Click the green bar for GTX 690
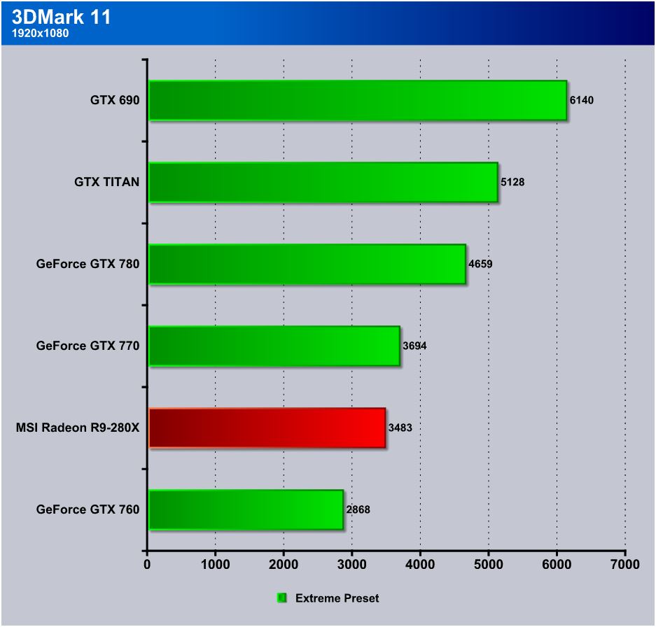(357, 100)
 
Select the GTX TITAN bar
(323, 182)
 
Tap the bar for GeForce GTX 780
(307, 264)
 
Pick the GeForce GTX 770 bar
(274, 346)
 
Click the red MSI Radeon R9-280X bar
(267, 428)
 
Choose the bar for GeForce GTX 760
(245, 509)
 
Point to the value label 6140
(581, 101)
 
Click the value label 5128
(512, 182)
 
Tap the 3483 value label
(400, 428)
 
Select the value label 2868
(358, 509)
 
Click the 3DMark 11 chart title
(62, 17)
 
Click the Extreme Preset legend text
(337, 598)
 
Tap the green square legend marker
(282, 598)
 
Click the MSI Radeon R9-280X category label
(78, 428)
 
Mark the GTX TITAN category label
(107, 182)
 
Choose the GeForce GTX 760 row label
(88, 509)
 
